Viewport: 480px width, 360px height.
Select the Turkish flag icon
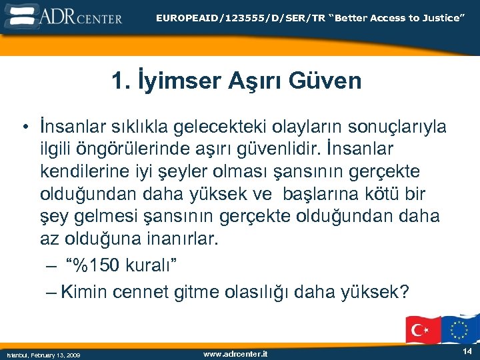click(423, 329)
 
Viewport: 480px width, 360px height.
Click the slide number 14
click(467, 351)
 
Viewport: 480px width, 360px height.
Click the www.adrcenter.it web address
click(235, 353)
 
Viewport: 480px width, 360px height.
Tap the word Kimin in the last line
click(85, 292)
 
